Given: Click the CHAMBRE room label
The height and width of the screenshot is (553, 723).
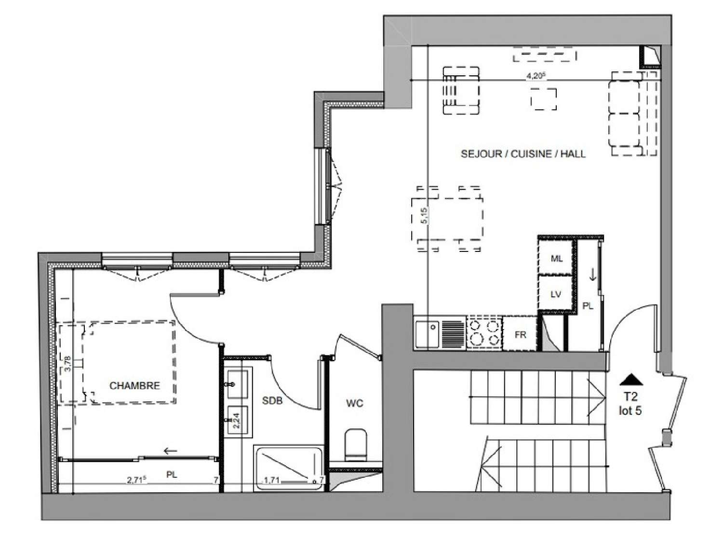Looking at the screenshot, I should (x=134, y=385).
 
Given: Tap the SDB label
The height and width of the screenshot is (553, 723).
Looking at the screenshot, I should (x=272, y=400).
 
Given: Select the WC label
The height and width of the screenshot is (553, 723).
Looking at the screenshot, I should (x=354, y=403).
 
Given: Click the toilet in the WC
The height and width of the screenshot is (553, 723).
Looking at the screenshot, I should (x=356, y=444).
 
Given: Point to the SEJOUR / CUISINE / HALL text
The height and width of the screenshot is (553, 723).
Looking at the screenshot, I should (x=523, y=154).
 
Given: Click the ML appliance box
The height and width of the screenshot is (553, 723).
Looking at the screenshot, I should (x=556, y=258).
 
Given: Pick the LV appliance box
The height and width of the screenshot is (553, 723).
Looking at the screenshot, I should (x=556, y=294).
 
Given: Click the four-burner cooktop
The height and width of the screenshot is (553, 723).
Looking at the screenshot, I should (x=483, y=332).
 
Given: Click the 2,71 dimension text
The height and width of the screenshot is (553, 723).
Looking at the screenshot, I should (x=136, y=480).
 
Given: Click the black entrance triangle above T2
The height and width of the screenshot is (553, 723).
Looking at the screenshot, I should (x=631, y=380).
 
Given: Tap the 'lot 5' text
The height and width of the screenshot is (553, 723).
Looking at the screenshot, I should (x=630, y=411).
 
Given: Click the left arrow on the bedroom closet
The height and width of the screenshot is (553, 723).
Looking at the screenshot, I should (x=171, y=451).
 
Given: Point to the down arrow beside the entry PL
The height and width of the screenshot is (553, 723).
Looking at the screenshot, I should (x=593, y=275).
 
